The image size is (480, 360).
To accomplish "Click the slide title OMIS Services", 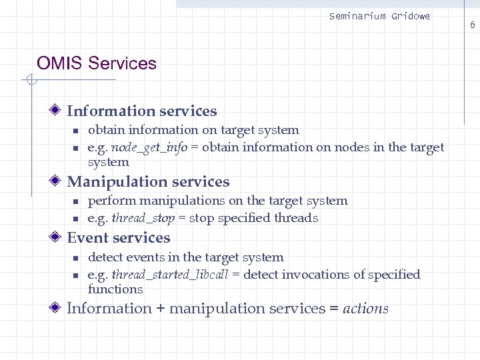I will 97,64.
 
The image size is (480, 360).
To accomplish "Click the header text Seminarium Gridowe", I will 379,16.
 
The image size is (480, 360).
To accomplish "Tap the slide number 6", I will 472,25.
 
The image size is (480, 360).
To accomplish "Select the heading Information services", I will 142,111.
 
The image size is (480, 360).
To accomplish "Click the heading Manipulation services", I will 148,182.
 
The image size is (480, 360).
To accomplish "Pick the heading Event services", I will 119,238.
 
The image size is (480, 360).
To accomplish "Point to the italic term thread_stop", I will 143,218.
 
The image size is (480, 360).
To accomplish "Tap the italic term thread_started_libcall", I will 171,275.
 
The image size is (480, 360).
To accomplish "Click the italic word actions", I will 365,309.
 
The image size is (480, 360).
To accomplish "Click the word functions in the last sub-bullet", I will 115,289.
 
